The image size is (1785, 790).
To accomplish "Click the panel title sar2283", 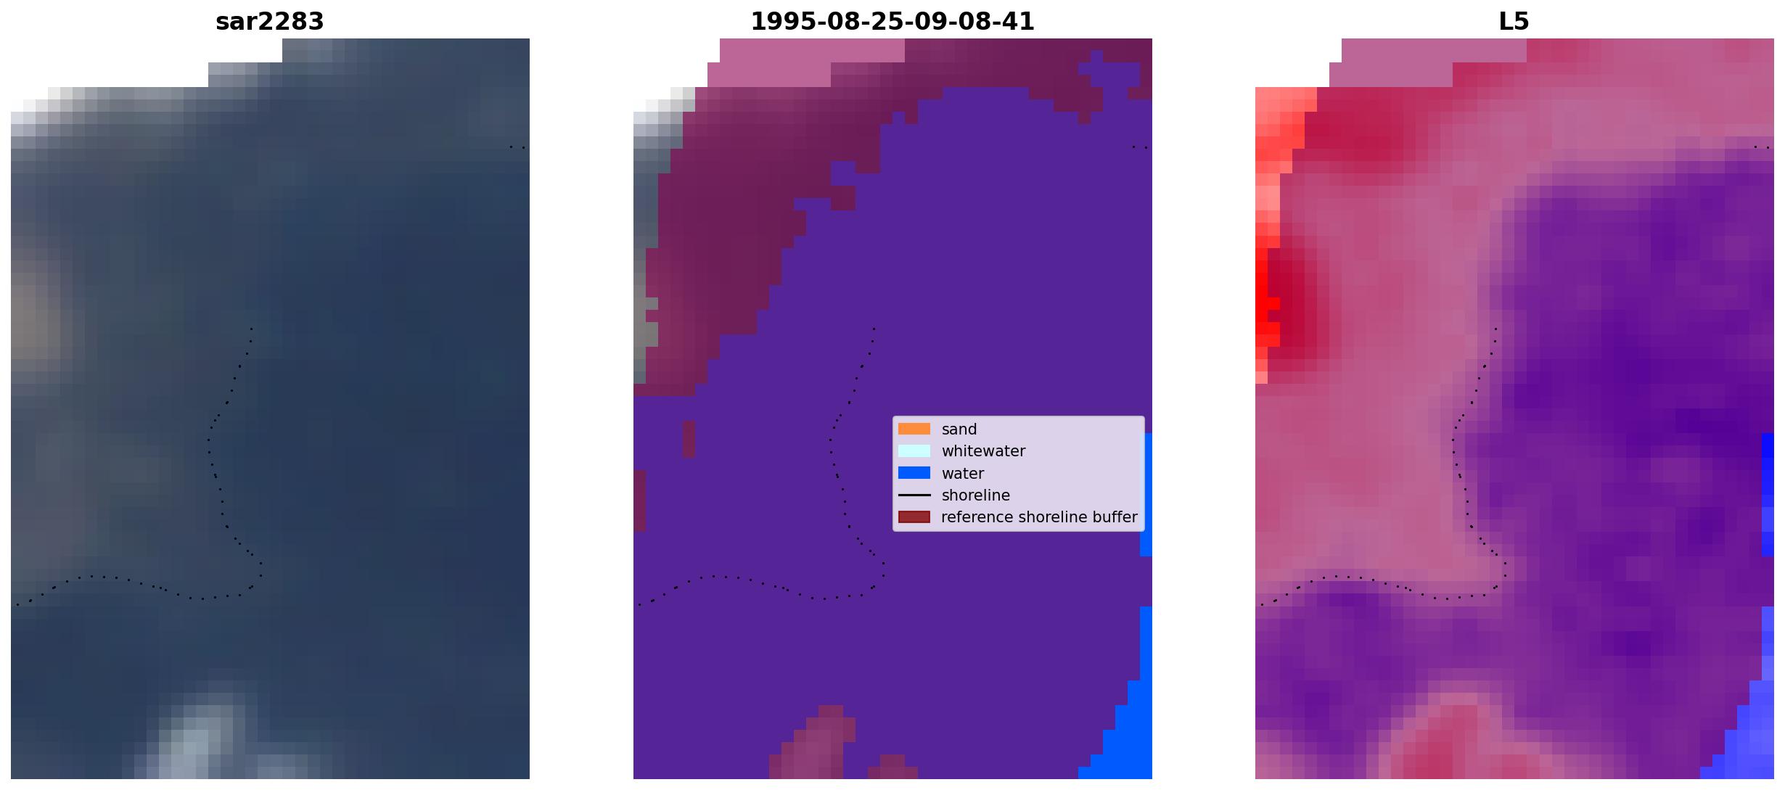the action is click(x=269, y=22).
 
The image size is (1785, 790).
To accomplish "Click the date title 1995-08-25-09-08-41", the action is click(x=892, y=22).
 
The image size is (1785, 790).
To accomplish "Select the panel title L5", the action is click(x=1514, y=22).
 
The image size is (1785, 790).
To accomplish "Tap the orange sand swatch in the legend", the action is click(x=914, y=429).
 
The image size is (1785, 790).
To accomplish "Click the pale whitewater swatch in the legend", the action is click(x=914, y=450).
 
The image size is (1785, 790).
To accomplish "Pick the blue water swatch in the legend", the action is click(x=914, y=473).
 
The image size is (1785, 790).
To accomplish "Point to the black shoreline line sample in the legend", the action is click(x=914, y=495).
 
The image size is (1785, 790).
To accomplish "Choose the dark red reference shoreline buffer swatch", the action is click(x=914, y=517).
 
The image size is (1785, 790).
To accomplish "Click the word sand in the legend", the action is click(x=959, y=429).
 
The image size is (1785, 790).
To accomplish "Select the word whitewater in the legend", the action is click(x=983, y=451).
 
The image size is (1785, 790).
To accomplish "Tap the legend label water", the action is click(x=963, y=474).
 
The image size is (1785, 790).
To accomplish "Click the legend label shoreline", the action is click(x=975, y=495).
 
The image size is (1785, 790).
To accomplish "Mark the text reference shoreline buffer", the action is click(x=1039, y=517).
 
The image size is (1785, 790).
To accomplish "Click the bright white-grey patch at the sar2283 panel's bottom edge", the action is click(x=196, y=740).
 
